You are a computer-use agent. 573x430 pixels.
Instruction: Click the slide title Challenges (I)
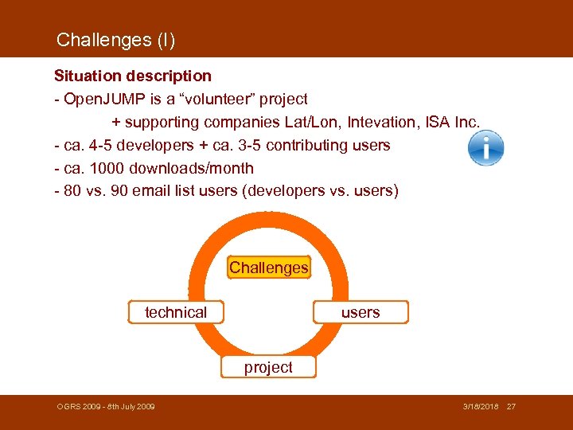115,39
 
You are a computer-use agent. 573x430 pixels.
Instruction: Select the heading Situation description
132,76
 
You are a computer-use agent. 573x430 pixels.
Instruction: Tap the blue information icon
485,148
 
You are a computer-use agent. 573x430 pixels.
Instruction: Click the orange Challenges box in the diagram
268,268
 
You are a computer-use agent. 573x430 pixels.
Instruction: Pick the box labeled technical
176,312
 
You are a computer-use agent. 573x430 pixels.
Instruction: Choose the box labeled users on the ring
361,312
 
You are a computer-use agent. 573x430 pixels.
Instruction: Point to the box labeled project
268,367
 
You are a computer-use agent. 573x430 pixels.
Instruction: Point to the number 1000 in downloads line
106,169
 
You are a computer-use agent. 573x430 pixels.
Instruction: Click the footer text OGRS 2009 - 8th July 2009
106,407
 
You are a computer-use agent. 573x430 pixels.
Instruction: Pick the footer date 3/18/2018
481,407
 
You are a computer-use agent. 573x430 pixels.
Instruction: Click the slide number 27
511,407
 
